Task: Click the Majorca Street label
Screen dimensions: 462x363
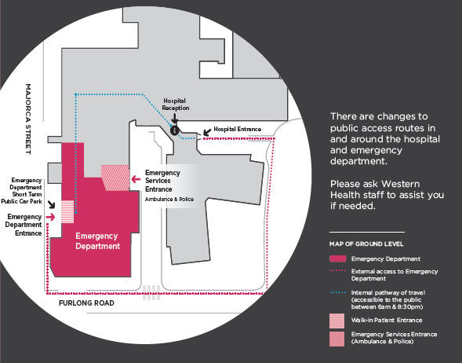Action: click(x=28, y=119)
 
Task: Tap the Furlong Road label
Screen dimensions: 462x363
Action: click(x=86, y=303)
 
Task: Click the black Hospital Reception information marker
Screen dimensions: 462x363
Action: click(x=174, y=130)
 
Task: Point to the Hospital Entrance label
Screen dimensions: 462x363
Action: click(x=237, y=130)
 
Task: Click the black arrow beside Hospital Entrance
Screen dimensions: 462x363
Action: click(x=207, y=132)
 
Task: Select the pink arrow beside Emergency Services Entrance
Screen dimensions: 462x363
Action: click(x=136, y=179)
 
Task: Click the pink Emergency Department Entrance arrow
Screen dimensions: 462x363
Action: click(x=50, y=217)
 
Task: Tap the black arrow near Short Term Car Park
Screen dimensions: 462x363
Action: click(x=52, y=204)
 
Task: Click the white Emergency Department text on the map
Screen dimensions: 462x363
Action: click(x=97, y=241)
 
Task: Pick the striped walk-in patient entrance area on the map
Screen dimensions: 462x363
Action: click(x=67, y=211)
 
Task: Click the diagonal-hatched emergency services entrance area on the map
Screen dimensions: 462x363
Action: click(x=115, y=178)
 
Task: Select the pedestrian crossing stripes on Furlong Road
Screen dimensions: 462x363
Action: click(x=151, y=292)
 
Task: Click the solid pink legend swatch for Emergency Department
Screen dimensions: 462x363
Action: click(x=337, y=258)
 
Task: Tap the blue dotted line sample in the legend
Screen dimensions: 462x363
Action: click(x=337, y=292)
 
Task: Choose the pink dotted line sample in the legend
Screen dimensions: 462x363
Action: click(x=337, y=270)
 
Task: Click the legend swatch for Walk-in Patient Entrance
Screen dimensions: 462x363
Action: click(x=336, y=321)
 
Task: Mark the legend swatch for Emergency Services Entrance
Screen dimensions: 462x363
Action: click(x=336, y=339)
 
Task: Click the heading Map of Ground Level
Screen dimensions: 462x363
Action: click(x=366, y=244)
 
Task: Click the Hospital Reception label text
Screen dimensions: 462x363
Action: click(x=176, y=104)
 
